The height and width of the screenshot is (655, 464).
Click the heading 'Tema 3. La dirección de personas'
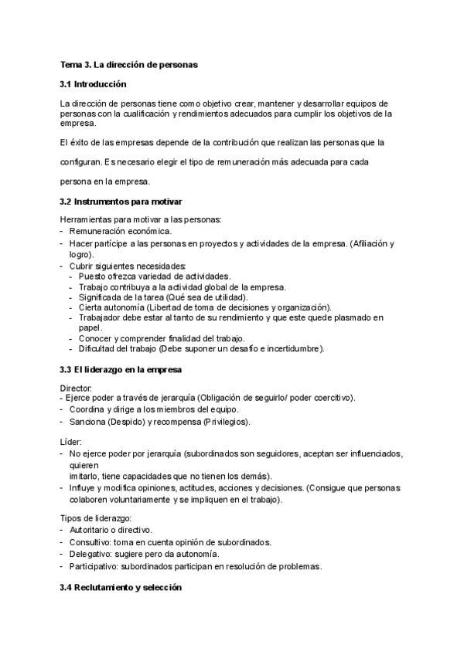click(128, 65)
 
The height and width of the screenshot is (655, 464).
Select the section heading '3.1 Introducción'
click(93, 84)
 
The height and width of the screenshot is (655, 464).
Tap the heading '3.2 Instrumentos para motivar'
click(121, 202)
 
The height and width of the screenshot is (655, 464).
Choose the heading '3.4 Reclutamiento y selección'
click(121, 587)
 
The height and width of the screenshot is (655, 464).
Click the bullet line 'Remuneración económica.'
click(121, 232)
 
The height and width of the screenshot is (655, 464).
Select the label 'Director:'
click(77, 387)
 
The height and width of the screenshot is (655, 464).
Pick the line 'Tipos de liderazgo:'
click(95, 517)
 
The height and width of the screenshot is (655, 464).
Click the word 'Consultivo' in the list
click(90, 542)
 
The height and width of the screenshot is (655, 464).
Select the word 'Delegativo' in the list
click(90, 554)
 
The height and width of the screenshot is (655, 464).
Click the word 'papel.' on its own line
click(90, 327)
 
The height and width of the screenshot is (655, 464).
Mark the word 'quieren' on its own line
click(84, 466)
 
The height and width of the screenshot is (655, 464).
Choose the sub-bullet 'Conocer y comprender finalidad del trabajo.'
click(162, 338)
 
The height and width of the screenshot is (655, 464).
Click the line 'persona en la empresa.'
click(105, 182)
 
